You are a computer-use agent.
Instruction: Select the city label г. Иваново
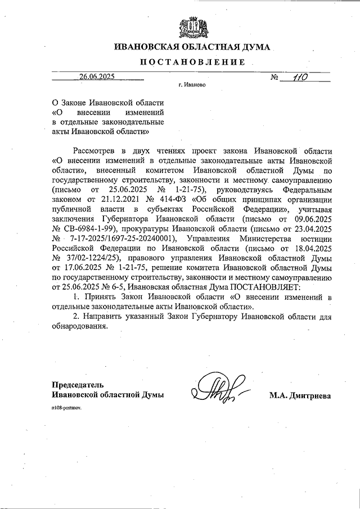pos(191,86)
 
